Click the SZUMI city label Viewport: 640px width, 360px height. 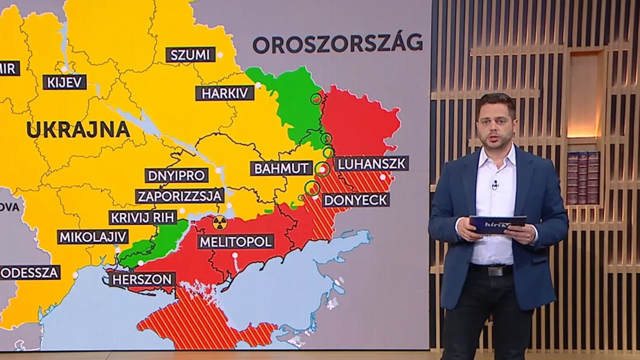191,55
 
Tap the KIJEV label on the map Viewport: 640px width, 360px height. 65,82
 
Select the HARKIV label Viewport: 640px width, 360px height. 225,93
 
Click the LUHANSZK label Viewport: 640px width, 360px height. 372,164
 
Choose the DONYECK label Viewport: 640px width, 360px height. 356,199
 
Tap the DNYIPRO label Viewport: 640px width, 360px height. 177,175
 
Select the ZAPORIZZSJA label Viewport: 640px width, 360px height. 180,196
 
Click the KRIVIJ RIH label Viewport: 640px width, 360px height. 143,218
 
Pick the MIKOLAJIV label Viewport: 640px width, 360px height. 93,237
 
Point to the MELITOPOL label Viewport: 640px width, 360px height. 236,241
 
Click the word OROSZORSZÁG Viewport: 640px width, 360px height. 337,44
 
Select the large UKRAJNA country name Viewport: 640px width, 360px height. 78,130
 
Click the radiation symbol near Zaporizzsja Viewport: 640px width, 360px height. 220,222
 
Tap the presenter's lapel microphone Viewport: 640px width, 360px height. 495,184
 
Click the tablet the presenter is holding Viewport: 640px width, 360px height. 497,224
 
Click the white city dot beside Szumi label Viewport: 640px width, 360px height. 220,55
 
